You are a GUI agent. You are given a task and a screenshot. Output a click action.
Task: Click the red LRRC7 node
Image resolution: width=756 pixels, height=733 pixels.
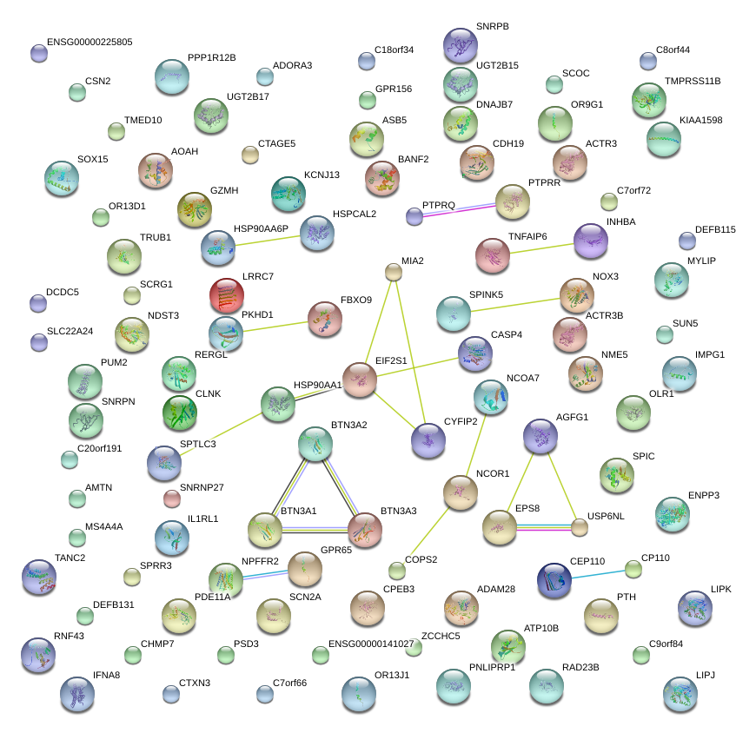[227, 296]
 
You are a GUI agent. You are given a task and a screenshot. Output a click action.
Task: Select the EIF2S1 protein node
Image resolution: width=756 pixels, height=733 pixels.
[359, 380]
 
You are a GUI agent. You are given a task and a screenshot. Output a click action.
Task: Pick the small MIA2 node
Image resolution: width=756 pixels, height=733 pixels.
[394, 273]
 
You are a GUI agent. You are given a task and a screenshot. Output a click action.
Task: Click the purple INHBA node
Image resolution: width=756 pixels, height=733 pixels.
[591, 241]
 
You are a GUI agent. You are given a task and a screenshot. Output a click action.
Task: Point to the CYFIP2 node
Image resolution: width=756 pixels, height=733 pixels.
[428, 440]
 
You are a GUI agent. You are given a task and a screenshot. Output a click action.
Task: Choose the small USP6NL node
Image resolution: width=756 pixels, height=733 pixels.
[580, 526]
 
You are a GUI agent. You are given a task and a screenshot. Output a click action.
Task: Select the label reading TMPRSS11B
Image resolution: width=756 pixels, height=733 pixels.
[693, 82]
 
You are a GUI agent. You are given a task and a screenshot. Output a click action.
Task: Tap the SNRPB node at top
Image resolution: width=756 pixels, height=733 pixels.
[461, 44]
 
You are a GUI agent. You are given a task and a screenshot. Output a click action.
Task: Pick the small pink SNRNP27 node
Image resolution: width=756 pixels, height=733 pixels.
[172, 499]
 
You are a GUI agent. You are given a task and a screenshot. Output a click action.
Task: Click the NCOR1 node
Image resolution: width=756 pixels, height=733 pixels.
[461, 492]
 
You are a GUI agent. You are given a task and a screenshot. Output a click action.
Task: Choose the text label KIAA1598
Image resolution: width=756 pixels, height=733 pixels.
[700, 121]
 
